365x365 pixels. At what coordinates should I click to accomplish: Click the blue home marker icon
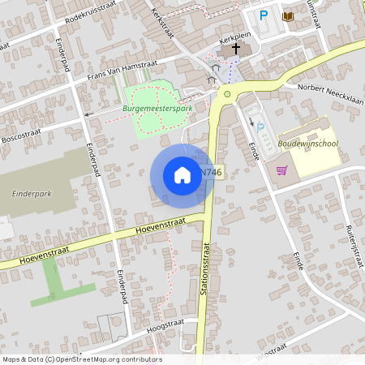point(182,174)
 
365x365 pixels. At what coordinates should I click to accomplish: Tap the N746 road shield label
point(210,172)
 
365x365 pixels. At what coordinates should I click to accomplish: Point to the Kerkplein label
point(232,37)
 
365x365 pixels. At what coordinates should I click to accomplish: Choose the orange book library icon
point(287,15)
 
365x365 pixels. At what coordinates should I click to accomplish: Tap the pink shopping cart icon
point(281,170)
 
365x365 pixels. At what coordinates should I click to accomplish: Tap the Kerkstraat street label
point(163,22)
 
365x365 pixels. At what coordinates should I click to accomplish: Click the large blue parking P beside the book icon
point(263,15)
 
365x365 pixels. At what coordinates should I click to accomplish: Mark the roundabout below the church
point(227,94)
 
